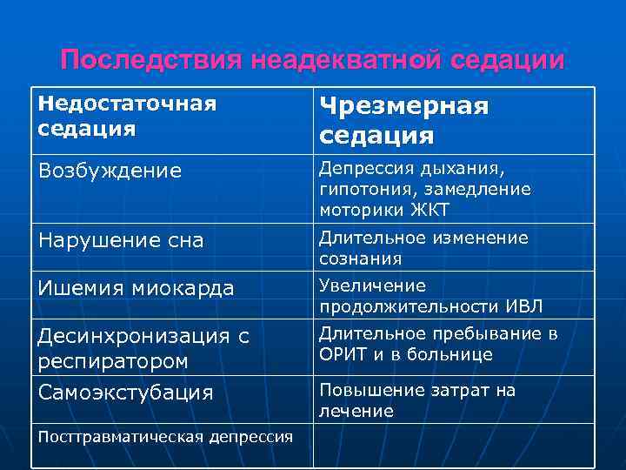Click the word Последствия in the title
tap(150, 60)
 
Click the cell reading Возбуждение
tap(110, 171)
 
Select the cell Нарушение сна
tap(121, 241)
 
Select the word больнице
tap(453, 355)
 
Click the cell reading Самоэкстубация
tap(126, 393)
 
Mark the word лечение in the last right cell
tap(356, 411)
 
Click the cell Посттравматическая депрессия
tap(166, 436)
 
